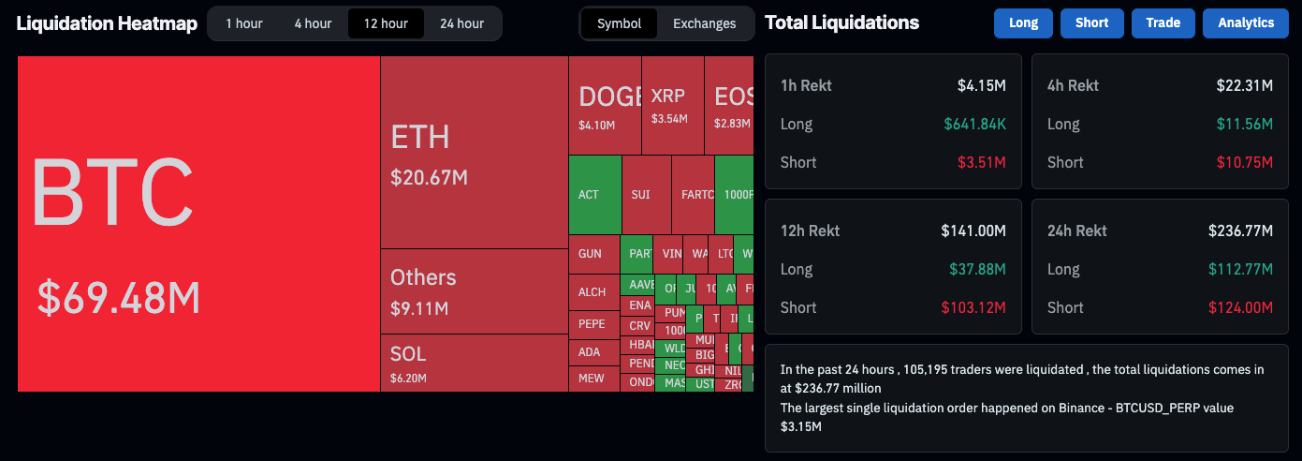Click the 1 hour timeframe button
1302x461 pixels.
(244, 23)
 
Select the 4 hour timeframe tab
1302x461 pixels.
(313, 23)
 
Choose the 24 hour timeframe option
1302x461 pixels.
(461, 23)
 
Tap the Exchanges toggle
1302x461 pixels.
(704, 23)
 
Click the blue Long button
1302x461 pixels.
(1023, 23)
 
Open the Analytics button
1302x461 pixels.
(1245, 23)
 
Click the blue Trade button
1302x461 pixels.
(1163, 23)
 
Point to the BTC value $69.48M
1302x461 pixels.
(119, 297)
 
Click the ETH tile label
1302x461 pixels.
(420, 137)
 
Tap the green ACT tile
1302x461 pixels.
(589, 195)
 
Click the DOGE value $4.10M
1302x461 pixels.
(596, 125)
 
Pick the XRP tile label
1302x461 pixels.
(667, 96)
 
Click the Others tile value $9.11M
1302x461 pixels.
(419, 308)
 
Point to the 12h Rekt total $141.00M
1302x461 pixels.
(973, 230)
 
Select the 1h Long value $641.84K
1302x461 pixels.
(974, 124)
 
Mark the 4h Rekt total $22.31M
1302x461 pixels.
(1244, 85)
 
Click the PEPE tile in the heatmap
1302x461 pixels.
(592, 324)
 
